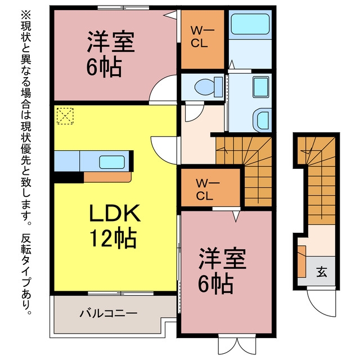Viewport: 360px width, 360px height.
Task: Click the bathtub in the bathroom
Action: (250, 24)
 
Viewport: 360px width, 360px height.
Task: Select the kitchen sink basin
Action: (112, 162)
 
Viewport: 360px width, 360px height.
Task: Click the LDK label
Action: (115, 213)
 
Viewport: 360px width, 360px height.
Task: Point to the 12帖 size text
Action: (113, 237)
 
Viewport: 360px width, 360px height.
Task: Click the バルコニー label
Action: (109, 313)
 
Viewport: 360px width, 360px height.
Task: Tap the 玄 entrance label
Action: (322, 272)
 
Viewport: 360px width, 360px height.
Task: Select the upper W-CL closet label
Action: (202, 37)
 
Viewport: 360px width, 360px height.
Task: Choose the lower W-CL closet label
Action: (207, 190)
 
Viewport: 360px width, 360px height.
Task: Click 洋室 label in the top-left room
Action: (111, 41)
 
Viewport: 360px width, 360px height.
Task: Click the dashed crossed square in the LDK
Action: (65, 116)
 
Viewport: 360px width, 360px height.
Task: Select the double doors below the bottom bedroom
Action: (237, 346)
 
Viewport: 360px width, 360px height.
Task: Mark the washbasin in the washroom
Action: (262, 120)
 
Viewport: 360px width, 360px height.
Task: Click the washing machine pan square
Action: (261, 87)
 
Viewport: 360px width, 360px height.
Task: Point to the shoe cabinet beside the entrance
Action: (301, 261)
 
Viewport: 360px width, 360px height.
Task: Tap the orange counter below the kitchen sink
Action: (107, 177)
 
